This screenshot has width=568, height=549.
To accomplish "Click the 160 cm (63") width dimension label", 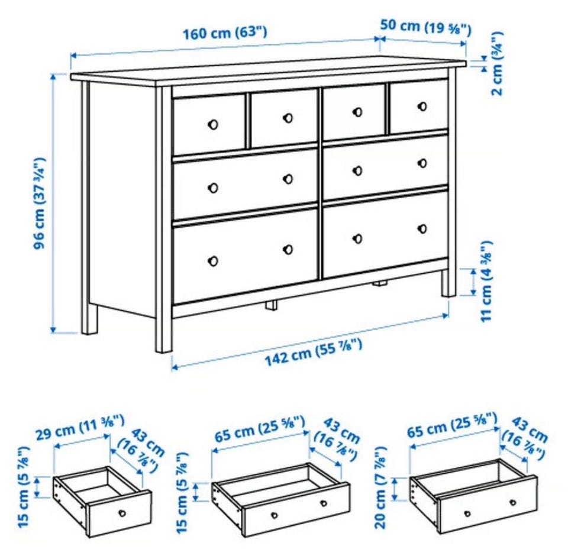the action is pyautogui.click(x=225, y=33).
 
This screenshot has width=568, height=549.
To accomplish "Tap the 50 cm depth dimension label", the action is pyautogui.click(x=425, y=27).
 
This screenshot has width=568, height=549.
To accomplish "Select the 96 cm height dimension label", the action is pyautogui.click(x=40, y=204).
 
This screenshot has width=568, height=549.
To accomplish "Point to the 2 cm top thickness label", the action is pyautogui.click(x=497, y=64).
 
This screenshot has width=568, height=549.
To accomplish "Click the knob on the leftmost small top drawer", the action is pyautogui.click(x=213, y=124).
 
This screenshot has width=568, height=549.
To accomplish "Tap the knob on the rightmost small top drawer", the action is pyautogui.click(x=422, y=106).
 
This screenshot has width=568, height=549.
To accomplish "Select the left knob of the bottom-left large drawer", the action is pyautogui.click(x=213, y=261).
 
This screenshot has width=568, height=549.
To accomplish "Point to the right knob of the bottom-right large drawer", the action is pyautogui.click(x=422, y=228).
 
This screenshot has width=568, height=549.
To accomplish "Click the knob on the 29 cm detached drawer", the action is pyautogui.click(x=122, y=513).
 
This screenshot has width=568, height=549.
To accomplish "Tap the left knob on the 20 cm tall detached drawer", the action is pyautogui.click(x=467, y=513).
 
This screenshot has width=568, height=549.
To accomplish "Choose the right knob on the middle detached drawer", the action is pyautogui.click(x=324, y=503).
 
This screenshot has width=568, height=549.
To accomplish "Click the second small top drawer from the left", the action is pyautogui.click(x=284, y=119).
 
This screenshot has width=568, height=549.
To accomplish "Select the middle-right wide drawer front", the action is pyautogui.click(x=385, y=167).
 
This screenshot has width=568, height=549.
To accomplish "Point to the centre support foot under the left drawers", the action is pyautogui.click(x=271, y=305).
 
